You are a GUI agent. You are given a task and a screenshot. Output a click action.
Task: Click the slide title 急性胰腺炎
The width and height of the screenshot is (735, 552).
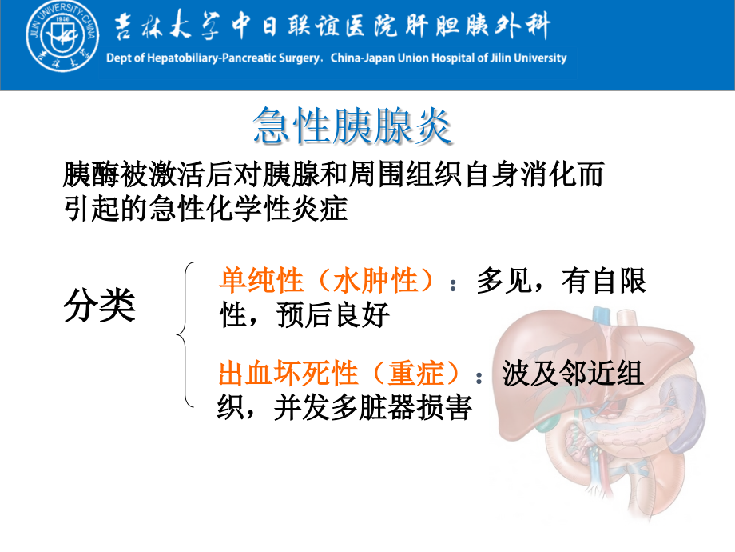pyautogui.click(x=352, y=126)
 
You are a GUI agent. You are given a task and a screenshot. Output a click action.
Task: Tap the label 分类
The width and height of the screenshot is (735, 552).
pyautogui.click(x=99, y=306)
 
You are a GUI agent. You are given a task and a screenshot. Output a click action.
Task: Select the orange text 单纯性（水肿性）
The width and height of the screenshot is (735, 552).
pyautogui.click(x=327, y=282)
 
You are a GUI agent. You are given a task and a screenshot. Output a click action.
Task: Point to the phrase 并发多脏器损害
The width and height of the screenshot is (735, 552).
pyautogui.click(x=372, y=408)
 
